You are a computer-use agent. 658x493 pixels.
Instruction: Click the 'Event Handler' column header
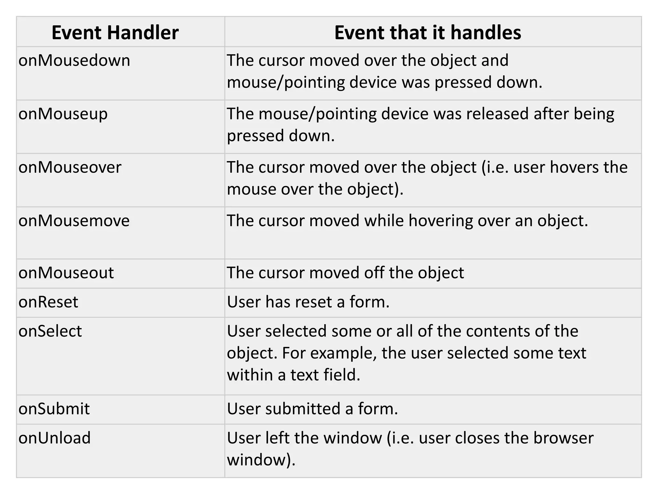[115, 32]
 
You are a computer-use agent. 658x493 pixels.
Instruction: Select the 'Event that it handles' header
[428, 32]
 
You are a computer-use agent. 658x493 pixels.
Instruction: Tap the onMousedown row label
[74, 60]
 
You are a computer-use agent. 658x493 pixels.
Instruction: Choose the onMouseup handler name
[63, 114]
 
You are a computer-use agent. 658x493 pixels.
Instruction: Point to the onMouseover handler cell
[70, 167]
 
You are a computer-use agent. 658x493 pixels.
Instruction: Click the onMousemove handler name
[74, 221]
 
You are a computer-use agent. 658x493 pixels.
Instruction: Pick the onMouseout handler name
[66, 273]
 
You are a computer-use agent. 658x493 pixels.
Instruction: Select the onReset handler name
[48, 302]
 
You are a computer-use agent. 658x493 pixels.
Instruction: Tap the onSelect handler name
[50, 331]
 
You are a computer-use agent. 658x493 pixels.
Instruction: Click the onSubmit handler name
[54, 409]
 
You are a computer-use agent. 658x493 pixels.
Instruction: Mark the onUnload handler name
[55, 438]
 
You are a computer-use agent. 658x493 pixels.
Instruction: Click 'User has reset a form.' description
[308, 302]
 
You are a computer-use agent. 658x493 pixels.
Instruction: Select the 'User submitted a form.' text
[312, 409]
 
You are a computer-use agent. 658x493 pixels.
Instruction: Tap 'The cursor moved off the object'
[345, 273]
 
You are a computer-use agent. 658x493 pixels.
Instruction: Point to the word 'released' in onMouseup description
[497, 114]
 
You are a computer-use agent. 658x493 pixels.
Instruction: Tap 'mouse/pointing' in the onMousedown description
[286, 82]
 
